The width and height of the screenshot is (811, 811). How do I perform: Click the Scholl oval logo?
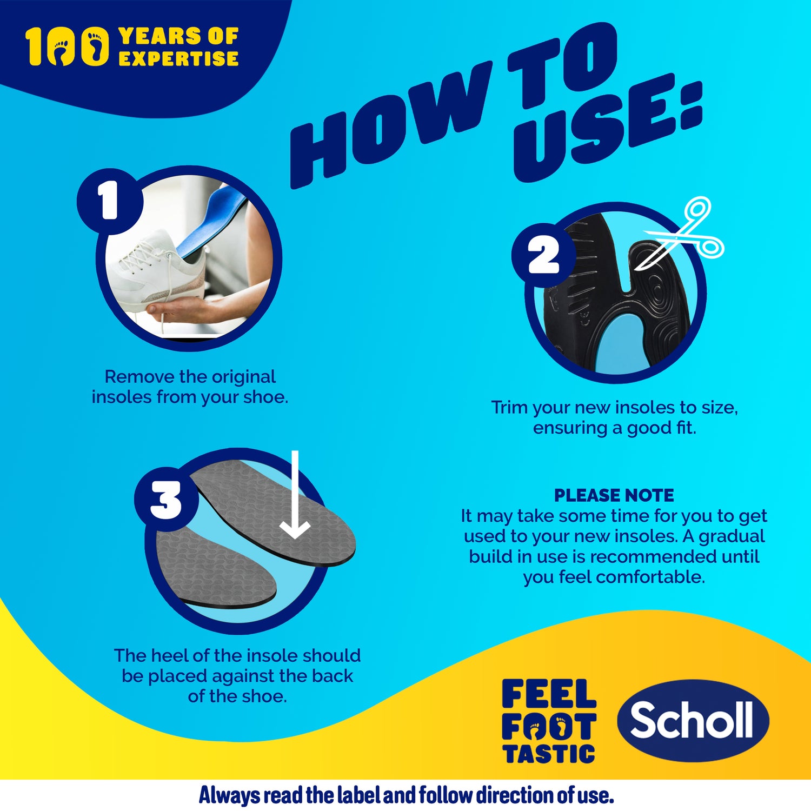coord(693,720)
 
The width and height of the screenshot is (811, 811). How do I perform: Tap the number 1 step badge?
coord(110,201)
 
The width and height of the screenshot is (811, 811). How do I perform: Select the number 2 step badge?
coord(543,255)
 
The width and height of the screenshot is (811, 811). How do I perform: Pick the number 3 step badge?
coord(166,500)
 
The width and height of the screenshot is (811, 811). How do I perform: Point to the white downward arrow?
coord(295,495)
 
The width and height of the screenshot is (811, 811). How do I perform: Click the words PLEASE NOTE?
coord(614,495)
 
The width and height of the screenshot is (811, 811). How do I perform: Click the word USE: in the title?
coord(606,130)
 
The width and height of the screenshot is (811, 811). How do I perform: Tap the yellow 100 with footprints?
coord(68,47)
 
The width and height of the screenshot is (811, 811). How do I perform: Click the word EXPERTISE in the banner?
coord(178,58)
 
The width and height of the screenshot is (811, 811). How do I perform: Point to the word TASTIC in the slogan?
coord(549,754)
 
